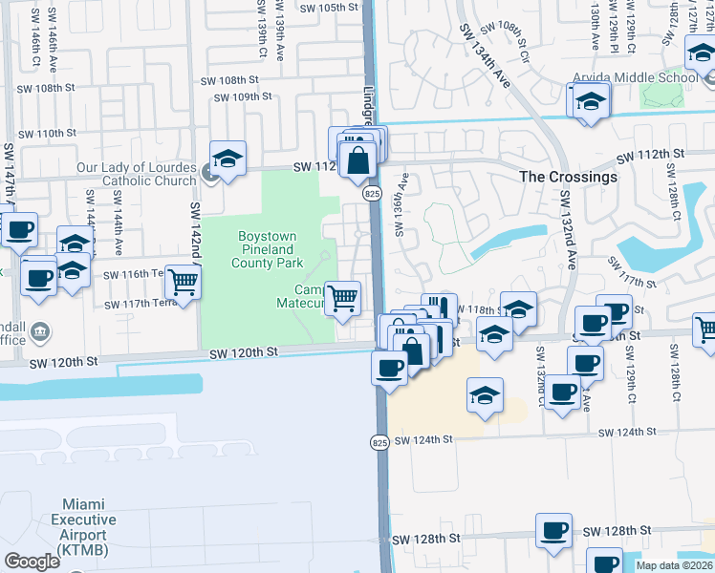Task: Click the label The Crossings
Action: tap(568, 177)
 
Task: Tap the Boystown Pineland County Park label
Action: tap(268, 249)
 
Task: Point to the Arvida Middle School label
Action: tap(634, 77)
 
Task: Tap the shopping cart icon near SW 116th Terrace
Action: tap(183, 282)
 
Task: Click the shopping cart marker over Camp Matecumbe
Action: tap(343, 297)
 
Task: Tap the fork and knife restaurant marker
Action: tap(435, 308)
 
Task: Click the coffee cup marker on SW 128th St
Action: tap(553, 530)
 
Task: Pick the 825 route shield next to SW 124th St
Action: tap(379, 442)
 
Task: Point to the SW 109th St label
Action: tap(244, 97)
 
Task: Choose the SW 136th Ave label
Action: tap(402, 204)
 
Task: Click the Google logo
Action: tap(32, 562)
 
